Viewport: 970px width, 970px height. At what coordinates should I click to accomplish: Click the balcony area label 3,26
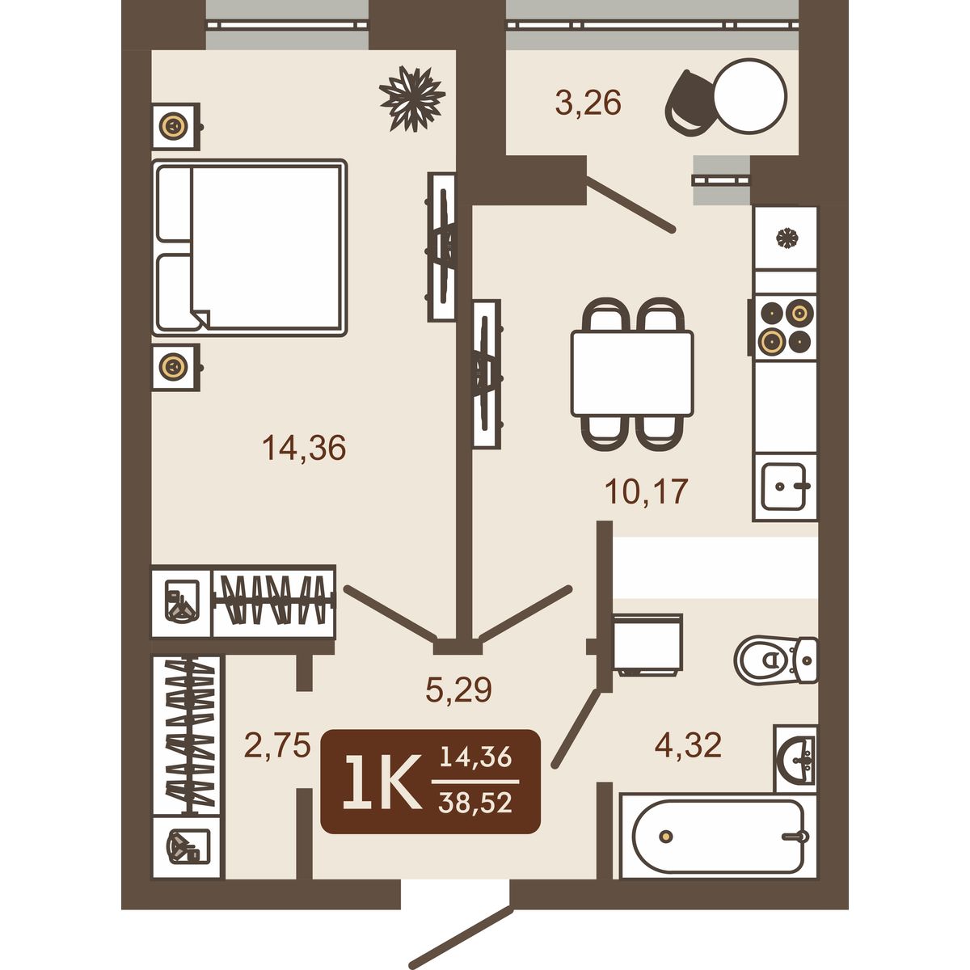[588, 103]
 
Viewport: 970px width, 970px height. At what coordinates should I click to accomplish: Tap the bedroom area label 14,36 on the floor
[304, 448]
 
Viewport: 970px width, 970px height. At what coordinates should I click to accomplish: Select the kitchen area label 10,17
[647, 491]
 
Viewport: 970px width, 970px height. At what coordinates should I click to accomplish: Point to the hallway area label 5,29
[458, 690]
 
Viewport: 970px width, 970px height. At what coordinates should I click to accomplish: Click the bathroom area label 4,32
[688, 744]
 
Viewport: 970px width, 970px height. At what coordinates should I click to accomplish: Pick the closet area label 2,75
[277, 744]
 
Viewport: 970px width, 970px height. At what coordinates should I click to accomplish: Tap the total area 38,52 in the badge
[475, 803]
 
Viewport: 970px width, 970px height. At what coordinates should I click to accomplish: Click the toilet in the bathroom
[776, 660]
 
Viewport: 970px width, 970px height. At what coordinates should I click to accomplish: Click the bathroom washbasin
[795, 760]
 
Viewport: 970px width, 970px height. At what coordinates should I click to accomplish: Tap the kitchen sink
[785, 487]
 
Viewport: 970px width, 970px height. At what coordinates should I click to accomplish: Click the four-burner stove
[784, 327]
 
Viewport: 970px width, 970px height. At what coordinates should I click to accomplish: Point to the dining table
[632, 373]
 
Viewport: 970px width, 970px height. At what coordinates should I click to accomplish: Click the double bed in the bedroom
[249, 247]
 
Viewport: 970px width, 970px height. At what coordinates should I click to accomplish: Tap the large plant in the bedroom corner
[412, 99]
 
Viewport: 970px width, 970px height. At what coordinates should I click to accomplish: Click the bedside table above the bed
[175, 126]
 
